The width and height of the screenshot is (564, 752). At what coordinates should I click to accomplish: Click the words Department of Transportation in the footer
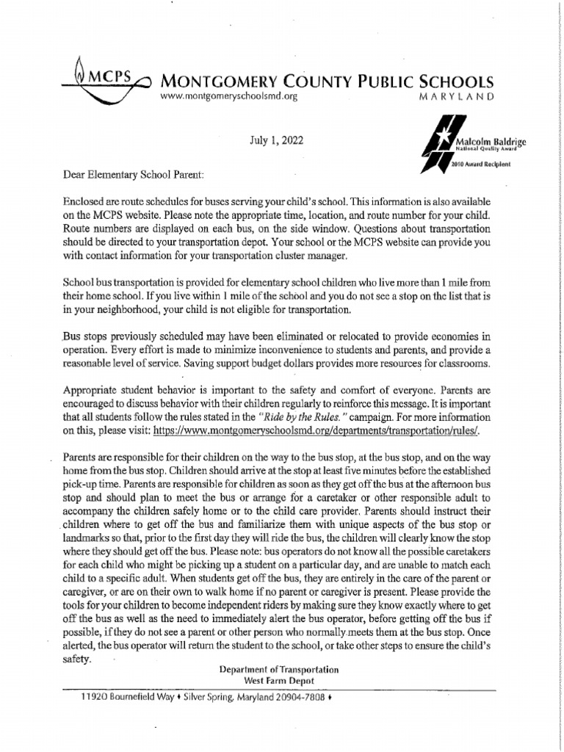[x=278, y=670]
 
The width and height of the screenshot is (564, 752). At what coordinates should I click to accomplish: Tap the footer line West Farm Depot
[x=278, y=681]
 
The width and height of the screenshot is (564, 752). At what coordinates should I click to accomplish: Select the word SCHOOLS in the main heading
[x=452, y=82]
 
